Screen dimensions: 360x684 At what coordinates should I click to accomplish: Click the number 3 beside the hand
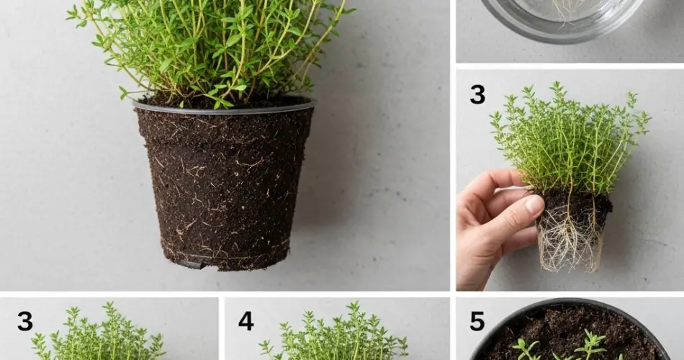tap(477, 94)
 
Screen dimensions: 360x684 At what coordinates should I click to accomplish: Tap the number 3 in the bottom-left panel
tap(24, 321)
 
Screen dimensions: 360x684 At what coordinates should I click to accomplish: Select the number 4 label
tap(246, 321)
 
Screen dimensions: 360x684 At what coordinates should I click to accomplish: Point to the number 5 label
tap(477, 321)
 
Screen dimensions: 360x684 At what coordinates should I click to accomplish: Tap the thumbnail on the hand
tap(534, 204)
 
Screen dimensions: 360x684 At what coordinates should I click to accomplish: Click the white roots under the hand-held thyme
tap(570, 245)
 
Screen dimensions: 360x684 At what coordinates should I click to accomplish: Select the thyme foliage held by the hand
tap(569, 140)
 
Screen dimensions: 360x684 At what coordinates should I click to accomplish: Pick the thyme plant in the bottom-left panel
tap(101, 338)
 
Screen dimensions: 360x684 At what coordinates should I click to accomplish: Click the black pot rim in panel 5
tap(569, 303)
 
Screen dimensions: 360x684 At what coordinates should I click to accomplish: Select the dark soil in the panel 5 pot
tap(547, 328)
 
